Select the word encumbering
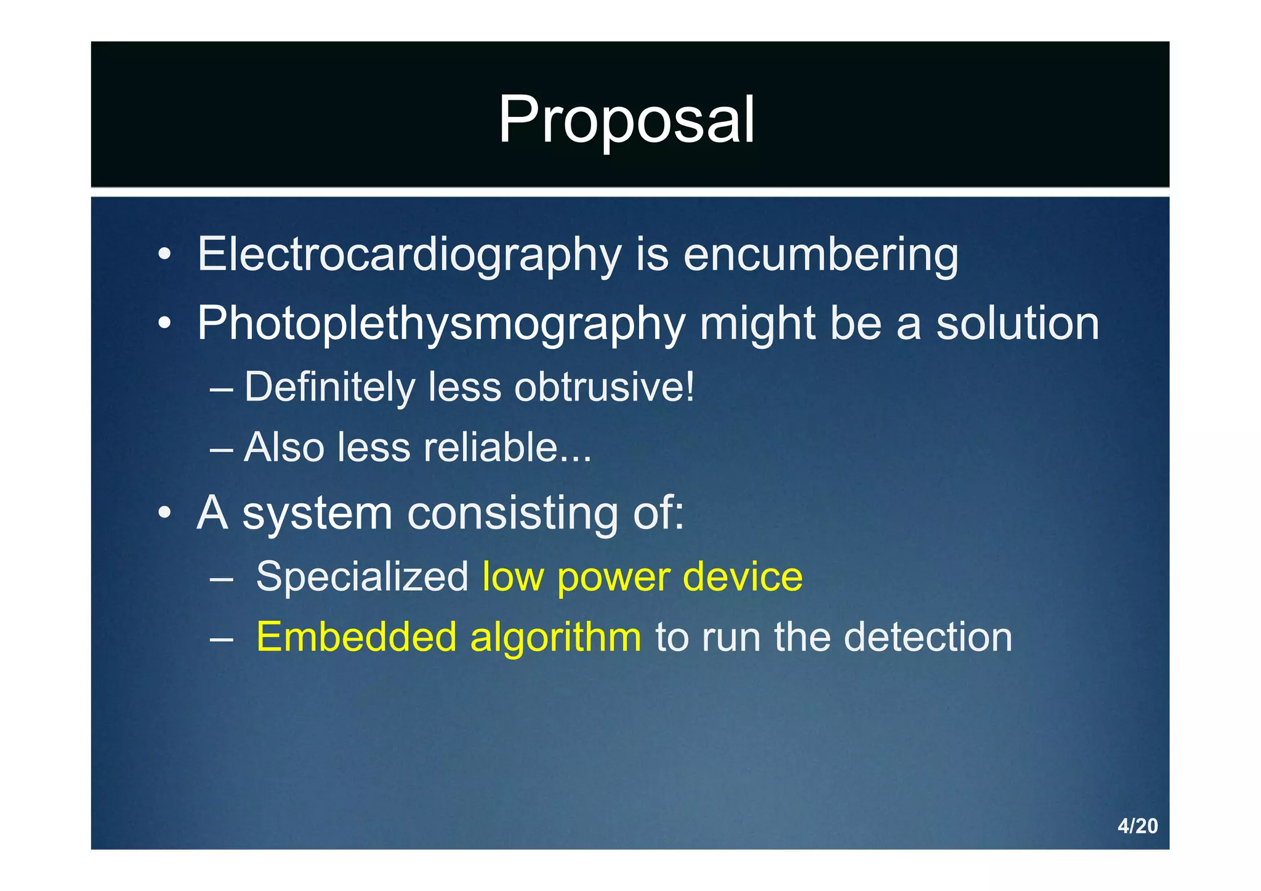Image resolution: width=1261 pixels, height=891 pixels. coord(821,255)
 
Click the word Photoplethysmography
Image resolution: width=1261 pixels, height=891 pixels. coord(441,324)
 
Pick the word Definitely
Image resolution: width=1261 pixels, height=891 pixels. coord(330,388)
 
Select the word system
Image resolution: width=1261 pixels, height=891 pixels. coord(317,513)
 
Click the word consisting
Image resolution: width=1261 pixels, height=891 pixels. coord(512,513)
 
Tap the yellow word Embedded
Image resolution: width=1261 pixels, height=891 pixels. coord(356,637)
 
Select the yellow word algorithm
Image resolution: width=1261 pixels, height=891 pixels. coord(555,638)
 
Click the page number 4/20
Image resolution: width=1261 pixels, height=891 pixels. coord(1137,826)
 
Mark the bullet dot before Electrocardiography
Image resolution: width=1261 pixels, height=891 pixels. coord(164,255)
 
